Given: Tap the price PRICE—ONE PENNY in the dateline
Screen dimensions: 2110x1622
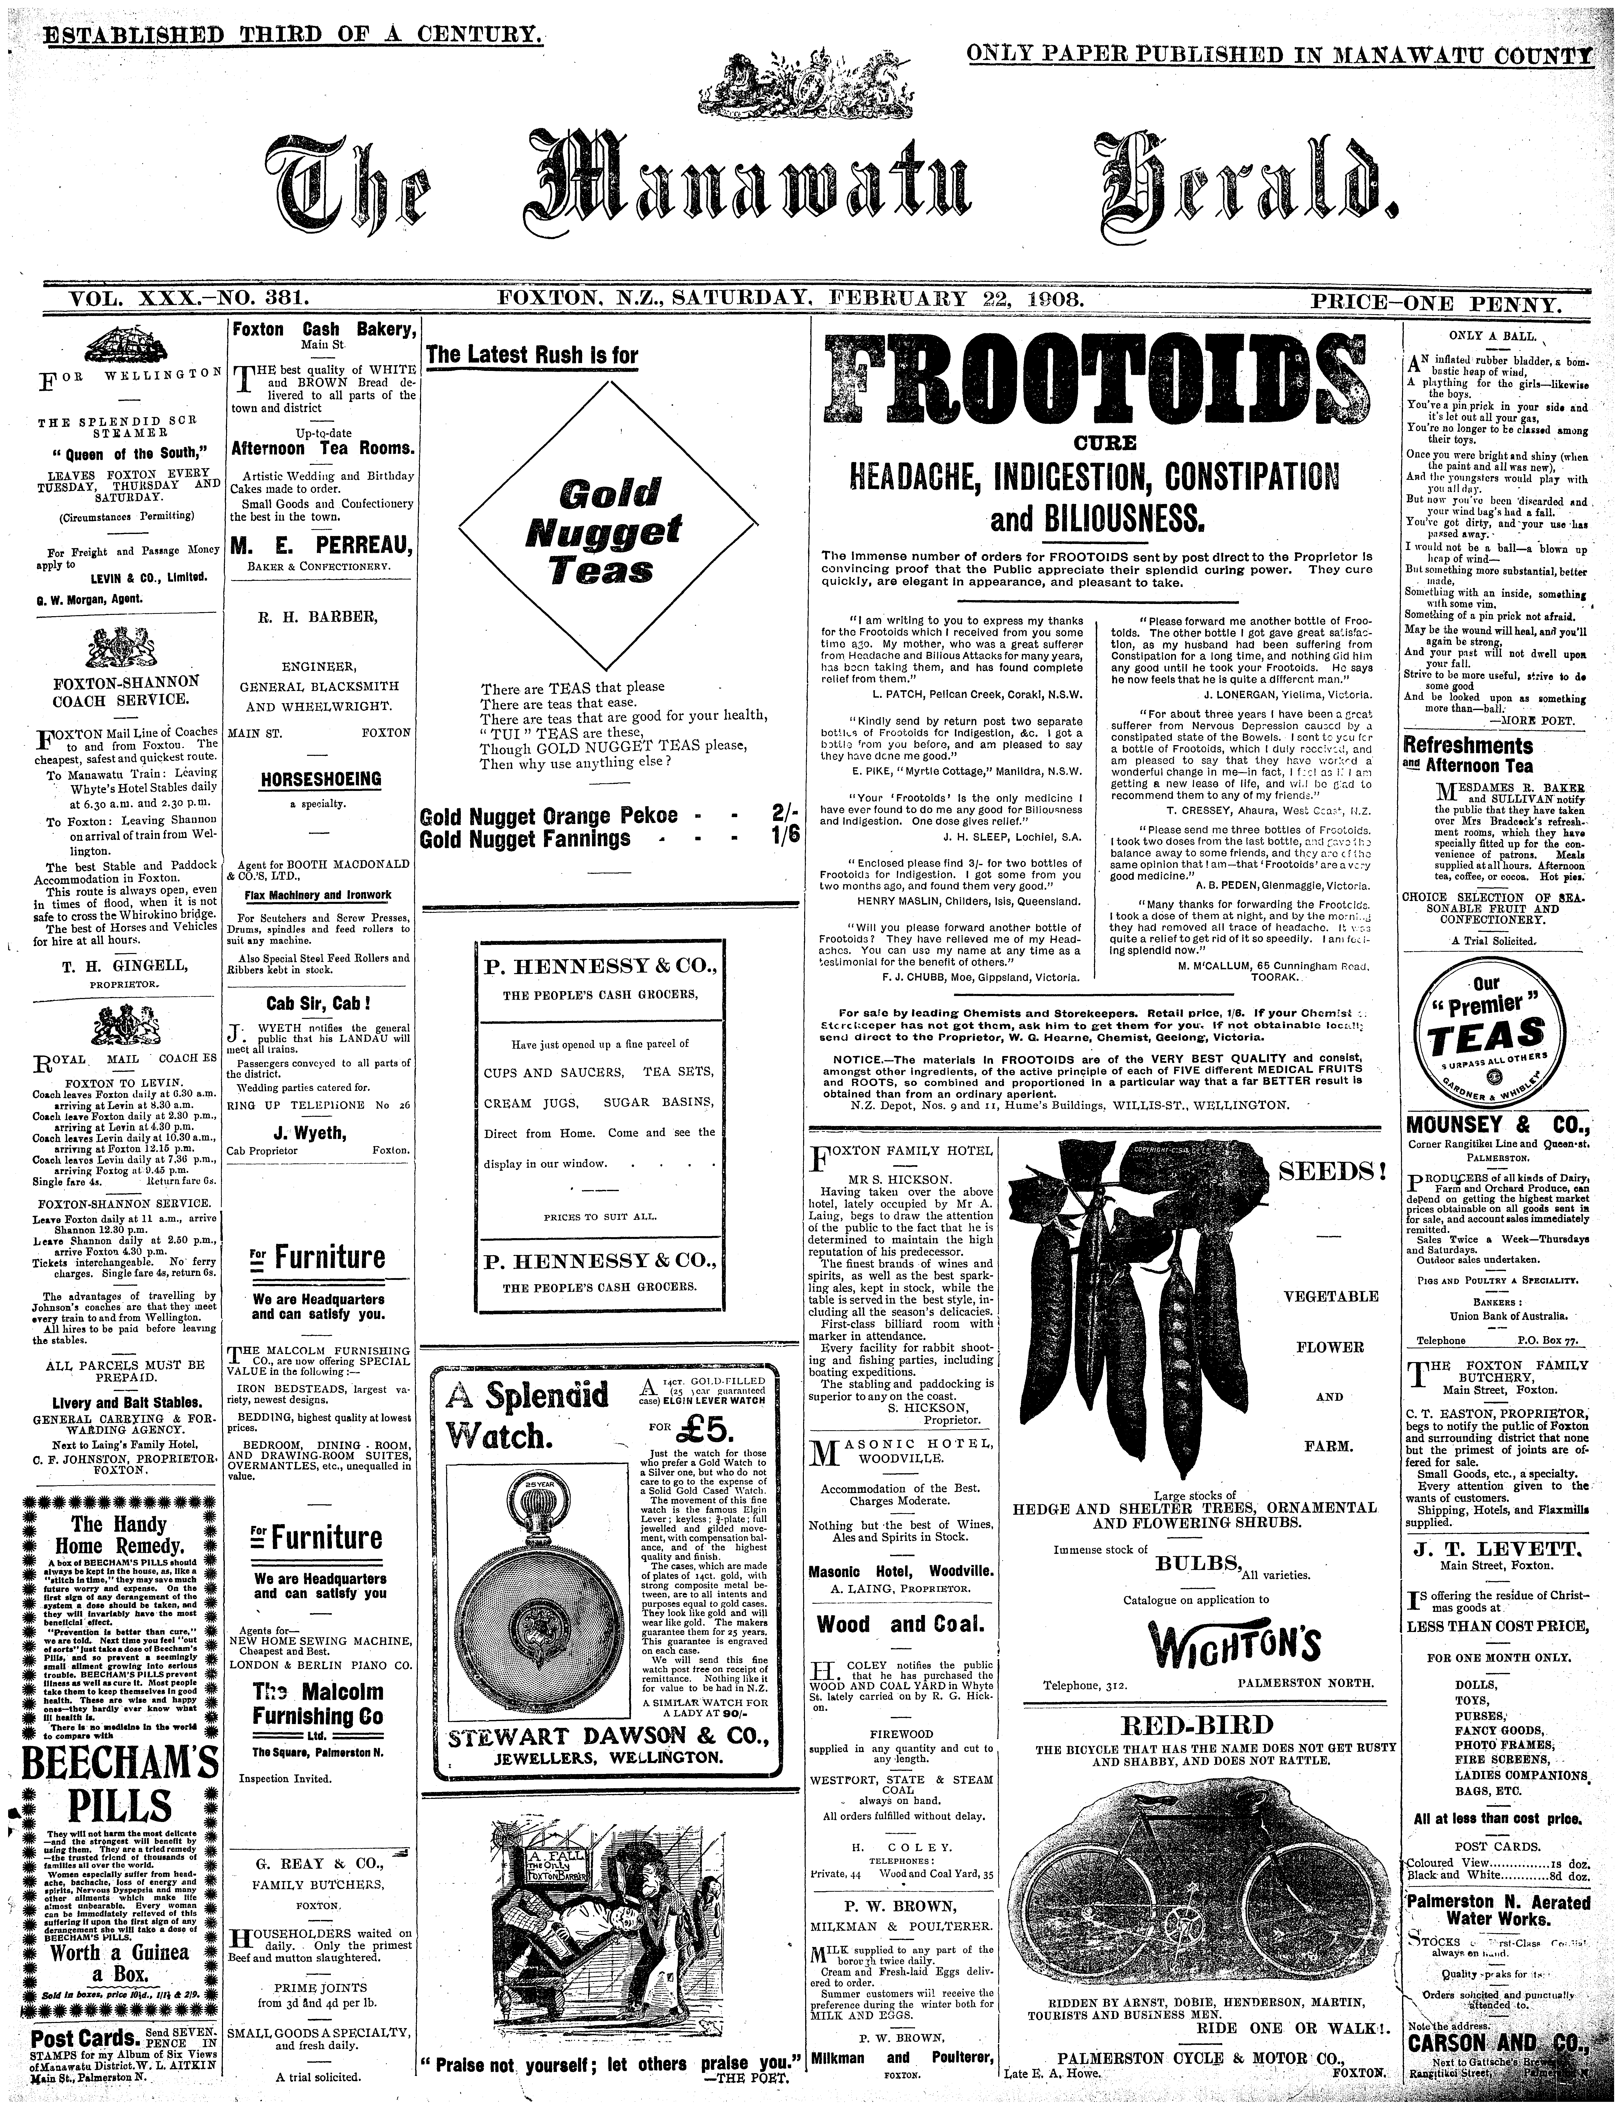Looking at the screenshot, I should (x=1436, y=305).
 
